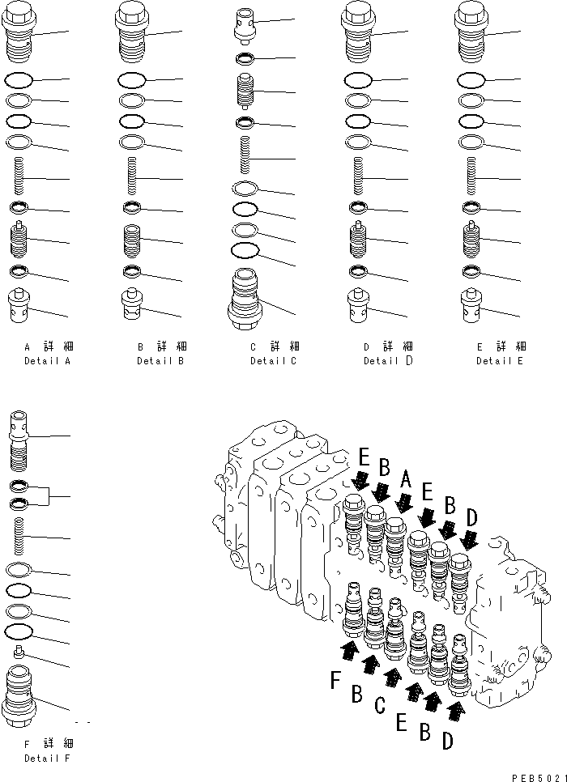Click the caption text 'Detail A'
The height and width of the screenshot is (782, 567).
point(47,360)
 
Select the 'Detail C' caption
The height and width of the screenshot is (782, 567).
point(274,360)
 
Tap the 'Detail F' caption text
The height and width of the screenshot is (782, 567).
point(47,759)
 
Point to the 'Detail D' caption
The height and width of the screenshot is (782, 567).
point(388,360)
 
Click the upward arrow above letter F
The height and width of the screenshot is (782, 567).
point(350,649)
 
